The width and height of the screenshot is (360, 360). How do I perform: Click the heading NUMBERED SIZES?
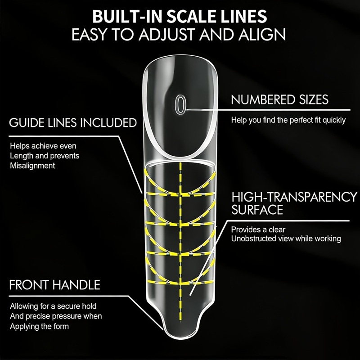point(280,99)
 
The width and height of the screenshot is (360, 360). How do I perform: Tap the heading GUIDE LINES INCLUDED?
point(73,122)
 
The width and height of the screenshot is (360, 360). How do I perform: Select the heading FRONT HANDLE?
point(54,285)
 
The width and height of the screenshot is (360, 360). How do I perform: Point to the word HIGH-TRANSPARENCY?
point(294,197)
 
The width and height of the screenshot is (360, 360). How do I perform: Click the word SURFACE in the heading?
point(257,210)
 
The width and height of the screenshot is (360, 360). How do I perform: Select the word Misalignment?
point(32,166)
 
